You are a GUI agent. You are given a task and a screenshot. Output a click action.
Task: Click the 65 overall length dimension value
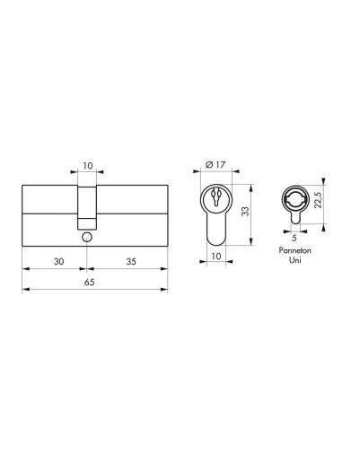coord(89,282)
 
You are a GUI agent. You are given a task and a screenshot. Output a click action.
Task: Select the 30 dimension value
coord(59,262)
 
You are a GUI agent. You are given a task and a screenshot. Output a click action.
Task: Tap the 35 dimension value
coord(131,262)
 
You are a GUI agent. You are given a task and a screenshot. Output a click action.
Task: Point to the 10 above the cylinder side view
coord(88,165)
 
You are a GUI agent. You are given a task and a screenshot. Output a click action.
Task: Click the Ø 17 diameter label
coord(215,164)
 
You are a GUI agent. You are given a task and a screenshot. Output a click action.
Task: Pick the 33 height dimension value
coord(245,212)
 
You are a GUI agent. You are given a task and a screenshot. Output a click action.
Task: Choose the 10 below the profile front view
coord(216,256)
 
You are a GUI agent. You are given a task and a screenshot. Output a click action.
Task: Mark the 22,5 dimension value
coord(318,200)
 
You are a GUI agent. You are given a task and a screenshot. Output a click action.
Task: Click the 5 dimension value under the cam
coord(294,238)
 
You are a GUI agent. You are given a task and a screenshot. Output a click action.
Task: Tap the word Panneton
coord(294,250)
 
